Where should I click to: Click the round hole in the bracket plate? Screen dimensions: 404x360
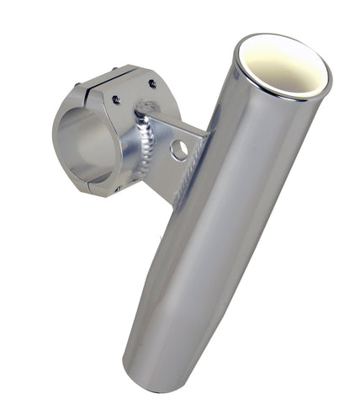point(178,150)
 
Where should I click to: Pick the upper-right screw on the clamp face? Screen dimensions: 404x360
point(152,83)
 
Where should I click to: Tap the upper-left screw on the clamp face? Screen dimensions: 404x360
point(115,99)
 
